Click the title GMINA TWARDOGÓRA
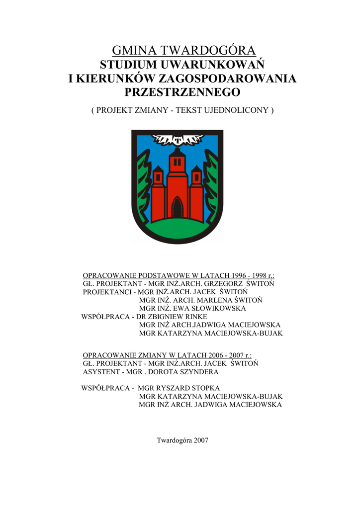pyautogui.click(x=183, y=50)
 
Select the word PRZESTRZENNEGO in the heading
pyautogui.click(x=182, y=92)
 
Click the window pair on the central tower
pyautogui.click(x=177, y=162)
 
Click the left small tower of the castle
pyautogui.click(x=158, y=194)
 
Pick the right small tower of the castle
pyautogui.click(x=196, y=194)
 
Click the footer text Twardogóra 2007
pyautogui.click(x=182, y=440)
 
